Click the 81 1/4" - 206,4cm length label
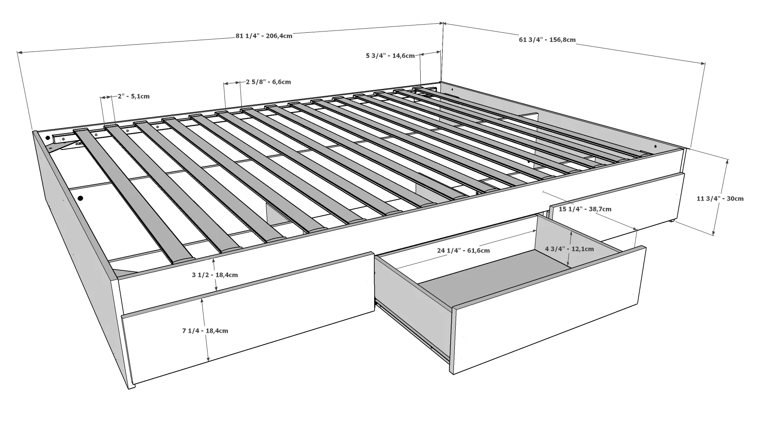coord(264,36)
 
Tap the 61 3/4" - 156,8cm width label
coord(547,40)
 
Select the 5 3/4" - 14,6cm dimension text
coord(390,56)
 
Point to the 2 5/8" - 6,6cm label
coord(269,82)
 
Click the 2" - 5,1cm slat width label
coord(133,96)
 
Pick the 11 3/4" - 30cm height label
coord(720,198)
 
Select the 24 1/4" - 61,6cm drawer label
coord(463,251)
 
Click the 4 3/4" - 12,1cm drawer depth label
coord(569,249)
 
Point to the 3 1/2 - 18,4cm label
coord(214,275)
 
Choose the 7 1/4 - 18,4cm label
coord(205,330)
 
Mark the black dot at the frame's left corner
coord(48,138)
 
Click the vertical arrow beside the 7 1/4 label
coord(205,330)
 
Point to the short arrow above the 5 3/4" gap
coord(430,53)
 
